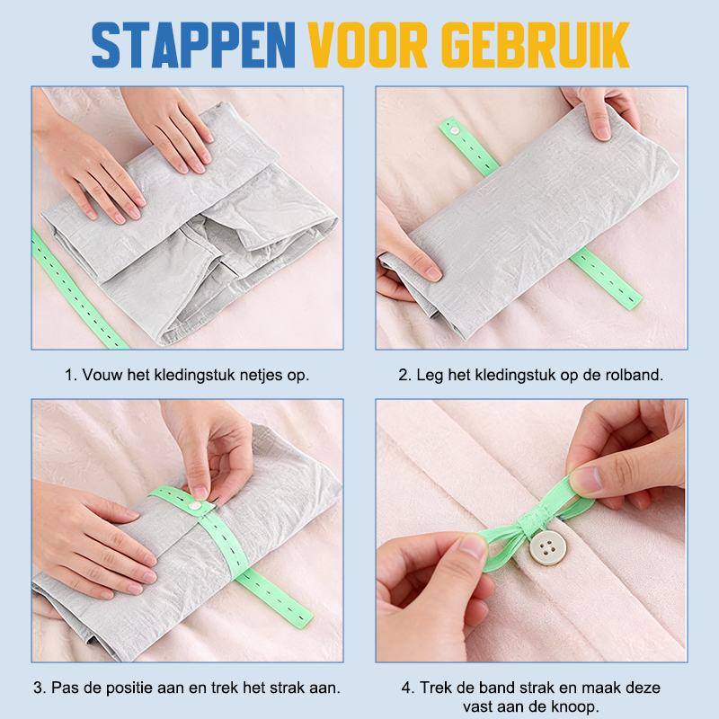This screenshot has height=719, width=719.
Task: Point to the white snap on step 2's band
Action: (x=456, y=130)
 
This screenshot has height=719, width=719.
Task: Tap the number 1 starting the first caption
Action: (x=68, y=374)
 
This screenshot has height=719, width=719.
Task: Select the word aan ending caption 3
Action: (x=324, y=688)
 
